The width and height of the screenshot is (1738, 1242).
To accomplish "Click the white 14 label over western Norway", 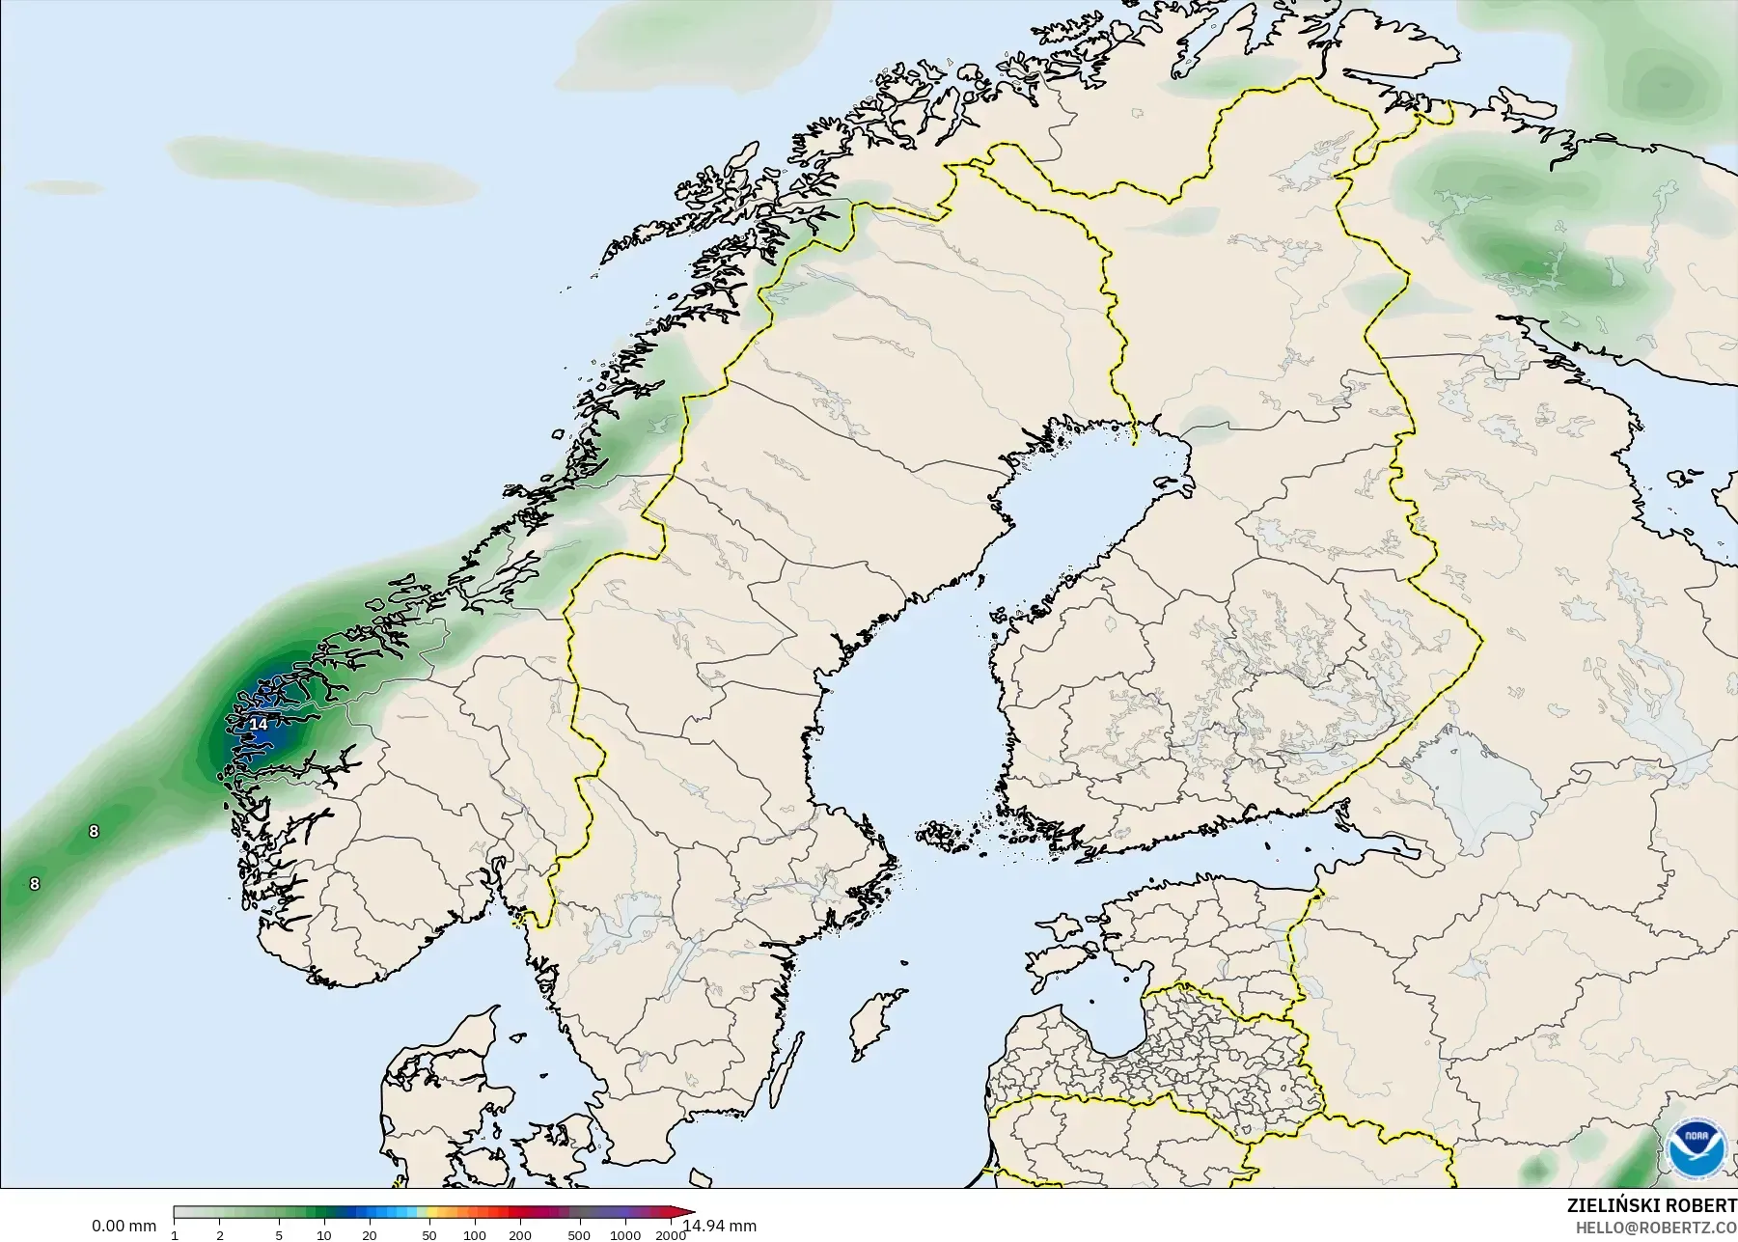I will coord(259,724).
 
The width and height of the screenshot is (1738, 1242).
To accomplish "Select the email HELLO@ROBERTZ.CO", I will coord(1656,1228).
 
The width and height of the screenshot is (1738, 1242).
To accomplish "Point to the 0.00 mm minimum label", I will coord(124,1226).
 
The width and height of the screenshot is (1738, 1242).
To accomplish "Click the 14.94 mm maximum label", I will coord(720,1226).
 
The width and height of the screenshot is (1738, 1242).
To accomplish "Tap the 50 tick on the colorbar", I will coord(429,1235).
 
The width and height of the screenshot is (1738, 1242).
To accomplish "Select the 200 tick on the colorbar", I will coord(519,1235).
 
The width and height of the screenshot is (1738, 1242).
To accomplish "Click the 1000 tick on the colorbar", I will coord(624,1235).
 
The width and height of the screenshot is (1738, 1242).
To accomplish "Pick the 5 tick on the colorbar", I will coord(278,1235).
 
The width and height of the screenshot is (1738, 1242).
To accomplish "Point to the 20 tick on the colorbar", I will coord(369,1235).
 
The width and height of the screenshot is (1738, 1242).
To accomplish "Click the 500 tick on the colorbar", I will coord(579,1235).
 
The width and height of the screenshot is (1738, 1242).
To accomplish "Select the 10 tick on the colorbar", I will coord(323,1235).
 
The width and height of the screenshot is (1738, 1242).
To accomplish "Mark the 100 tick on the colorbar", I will coord(474,1235).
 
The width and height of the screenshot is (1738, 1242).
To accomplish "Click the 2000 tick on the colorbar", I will coord(670,1235).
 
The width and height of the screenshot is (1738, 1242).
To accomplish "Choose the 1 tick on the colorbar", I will coord(175,1235).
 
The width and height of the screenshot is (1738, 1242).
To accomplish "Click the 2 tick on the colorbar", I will coord(220,1235).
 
